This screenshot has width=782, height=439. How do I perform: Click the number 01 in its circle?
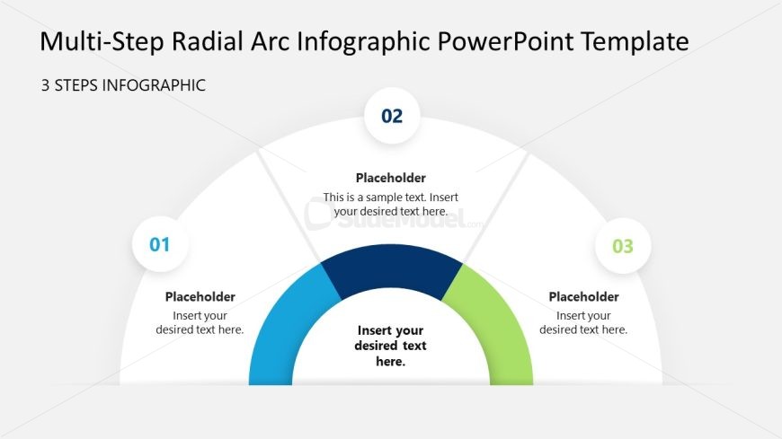(160, 245)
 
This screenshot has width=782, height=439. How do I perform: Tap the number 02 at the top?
(392, 116)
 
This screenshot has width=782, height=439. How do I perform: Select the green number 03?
(622, 246)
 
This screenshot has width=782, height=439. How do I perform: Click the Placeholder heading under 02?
(390, 178)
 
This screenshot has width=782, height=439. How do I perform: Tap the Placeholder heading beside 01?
(200, 297)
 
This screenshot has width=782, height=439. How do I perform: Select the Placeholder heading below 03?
(583, 297)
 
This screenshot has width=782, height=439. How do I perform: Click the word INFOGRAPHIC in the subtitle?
(154, 85)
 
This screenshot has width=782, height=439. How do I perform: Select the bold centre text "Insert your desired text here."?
(390, 346)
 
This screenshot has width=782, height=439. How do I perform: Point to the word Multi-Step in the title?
(102, 42)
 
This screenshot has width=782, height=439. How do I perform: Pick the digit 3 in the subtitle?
(45, 85)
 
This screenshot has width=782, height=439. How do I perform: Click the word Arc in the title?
(270, 41)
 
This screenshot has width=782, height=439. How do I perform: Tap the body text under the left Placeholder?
(200, 323)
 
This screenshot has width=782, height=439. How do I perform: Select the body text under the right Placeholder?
(583, 323)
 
